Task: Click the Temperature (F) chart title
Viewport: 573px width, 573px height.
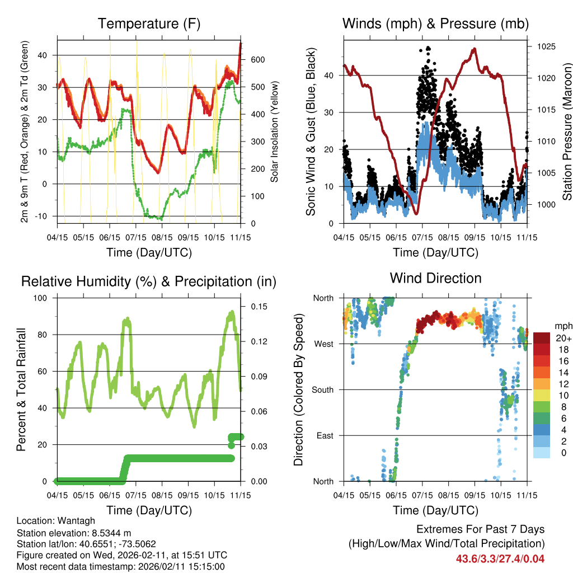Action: point(149,24)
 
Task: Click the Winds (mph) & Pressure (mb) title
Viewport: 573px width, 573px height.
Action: point(435,24)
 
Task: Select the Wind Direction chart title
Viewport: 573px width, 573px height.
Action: point(435,278)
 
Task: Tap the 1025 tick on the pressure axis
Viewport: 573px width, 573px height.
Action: point(546,46)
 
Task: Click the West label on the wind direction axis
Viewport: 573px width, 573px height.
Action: point(324,344)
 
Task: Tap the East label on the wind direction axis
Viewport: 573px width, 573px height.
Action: point(325,435)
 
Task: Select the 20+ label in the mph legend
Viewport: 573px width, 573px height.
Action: point(563,338)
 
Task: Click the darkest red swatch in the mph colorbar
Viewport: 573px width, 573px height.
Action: point(542,338)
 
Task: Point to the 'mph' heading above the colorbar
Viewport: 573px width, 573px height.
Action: point(562,326)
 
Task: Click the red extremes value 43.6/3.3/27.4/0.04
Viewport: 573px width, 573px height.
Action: point(500,558)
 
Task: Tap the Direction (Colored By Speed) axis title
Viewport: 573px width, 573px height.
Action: point(299,389)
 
